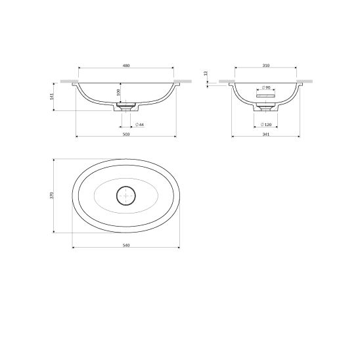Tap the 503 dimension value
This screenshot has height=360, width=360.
coord(126,134)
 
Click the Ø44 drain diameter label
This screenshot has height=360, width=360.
coord(139,124)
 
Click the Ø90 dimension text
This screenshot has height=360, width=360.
coord(266,87)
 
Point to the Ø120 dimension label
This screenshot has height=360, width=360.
coord(266,124)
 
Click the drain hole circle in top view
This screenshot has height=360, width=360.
coord(125,195)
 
